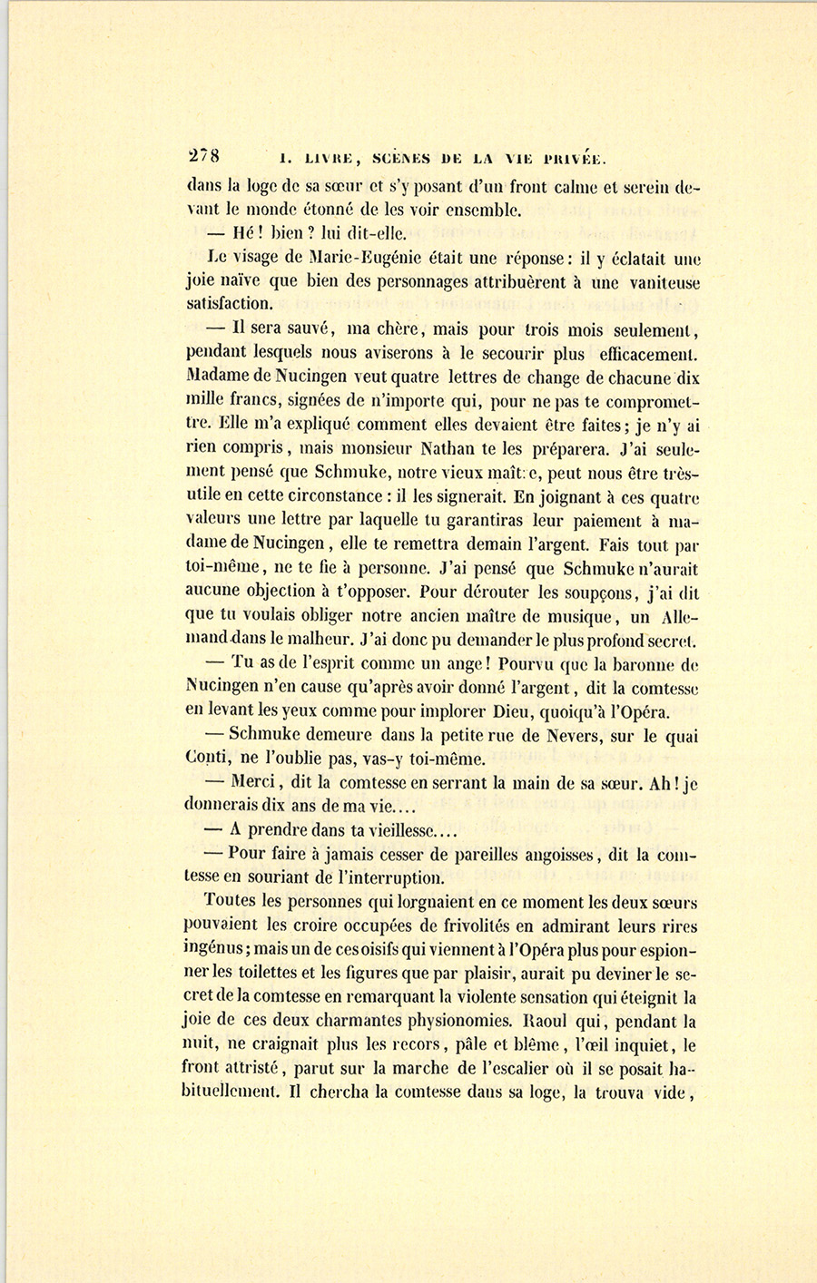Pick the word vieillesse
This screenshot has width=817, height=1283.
pos(399,829)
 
